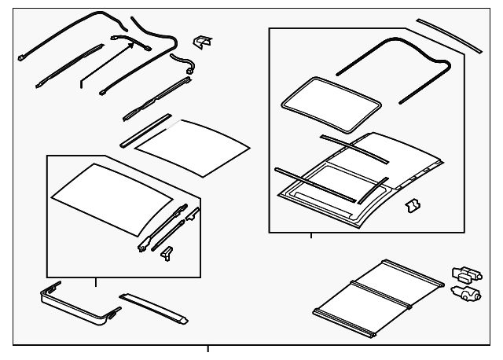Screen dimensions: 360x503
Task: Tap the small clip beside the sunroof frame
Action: pos(410,206)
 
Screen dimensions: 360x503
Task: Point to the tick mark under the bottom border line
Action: pos(208,350)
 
